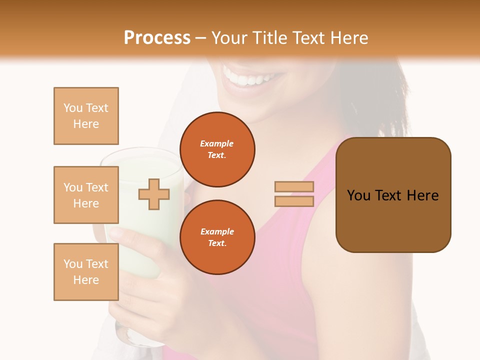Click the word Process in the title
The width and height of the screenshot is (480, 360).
pos(157,38)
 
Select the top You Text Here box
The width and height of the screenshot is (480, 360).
pos(86,116)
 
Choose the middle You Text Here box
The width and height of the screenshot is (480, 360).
pos(86,195)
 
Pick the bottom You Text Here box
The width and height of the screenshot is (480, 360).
pos(86,272)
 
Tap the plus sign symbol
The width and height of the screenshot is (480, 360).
pos(154,194)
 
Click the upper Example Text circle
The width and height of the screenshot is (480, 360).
pos(217,149)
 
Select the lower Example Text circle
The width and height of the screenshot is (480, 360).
pos(217,237)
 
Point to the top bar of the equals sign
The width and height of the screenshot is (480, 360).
pos(294,187)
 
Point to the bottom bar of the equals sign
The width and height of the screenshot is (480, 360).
pos(294,201)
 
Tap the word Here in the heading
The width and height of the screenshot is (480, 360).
pos(348,38)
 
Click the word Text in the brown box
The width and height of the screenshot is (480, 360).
pos(388,195)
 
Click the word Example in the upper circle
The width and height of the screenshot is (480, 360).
pos(217,143)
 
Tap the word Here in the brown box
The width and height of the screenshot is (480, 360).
pos(422,195)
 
